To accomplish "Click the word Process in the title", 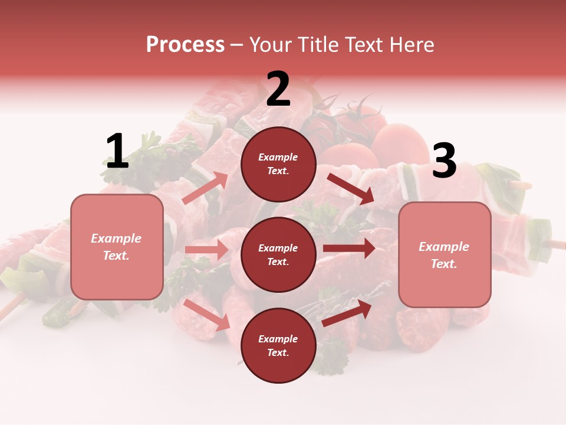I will point(185,45).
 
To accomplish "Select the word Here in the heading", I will point(410,45).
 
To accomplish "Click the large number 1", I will point(117,152).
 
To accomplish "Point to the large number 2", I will point(278,90).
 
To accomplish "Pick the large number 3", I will point(444,161).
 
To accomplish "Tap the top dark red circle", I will point(278,164).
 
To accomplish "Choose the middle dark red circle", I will point(278,255).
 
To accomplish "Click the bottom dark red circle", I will point(278,346).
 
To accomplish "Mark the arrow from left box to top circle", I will point(205,188).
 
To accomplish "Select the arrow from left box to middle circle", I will point(206,250).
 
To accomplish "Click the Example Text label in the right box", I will point(444,255).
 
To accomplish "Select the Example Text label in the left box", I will point(116,247).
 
